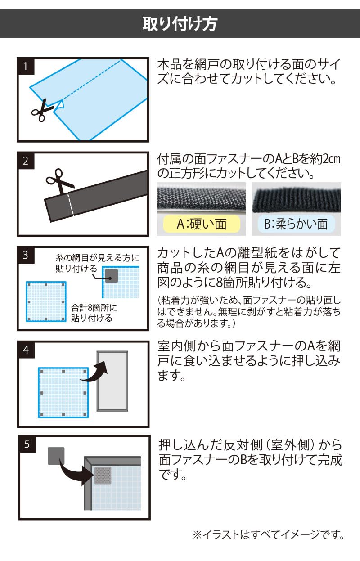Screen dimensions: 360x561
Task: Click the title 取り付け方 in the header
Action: (180, 24)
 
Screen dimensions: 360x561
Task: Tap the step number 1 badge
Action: (26, 67)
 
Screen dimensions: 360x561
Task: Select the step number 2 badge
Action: (26, 161)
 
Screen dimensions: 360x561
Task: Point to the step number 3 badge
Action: (26, 255)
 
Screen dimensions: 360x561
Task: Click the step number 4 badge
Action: (26, 350)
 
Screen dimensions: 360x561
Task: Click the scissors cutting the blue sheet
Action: (42, 110)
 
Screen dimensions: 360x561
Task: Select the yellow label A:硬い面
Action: (202, 224)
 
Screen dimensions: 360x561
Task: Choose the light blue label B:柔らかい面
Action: (296, 224)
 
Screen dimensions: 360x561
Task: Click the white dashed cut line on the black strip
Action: (71, 204)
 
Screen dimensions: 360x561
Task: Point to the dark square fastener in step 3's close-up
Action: (112, 276)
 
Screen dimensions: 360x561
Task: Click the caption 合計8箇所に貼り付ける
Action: (94, 313)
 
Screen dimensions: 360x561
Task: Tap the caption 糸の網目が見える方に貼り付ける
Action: (97, 263)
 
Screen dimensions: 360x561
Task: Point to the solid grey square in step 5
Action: (56, 456)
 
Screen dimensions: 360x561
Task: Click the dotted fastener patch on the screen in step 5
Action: (103, 476)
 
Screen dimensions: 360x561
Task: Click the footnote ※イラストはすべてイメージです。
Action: (268, 535)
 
